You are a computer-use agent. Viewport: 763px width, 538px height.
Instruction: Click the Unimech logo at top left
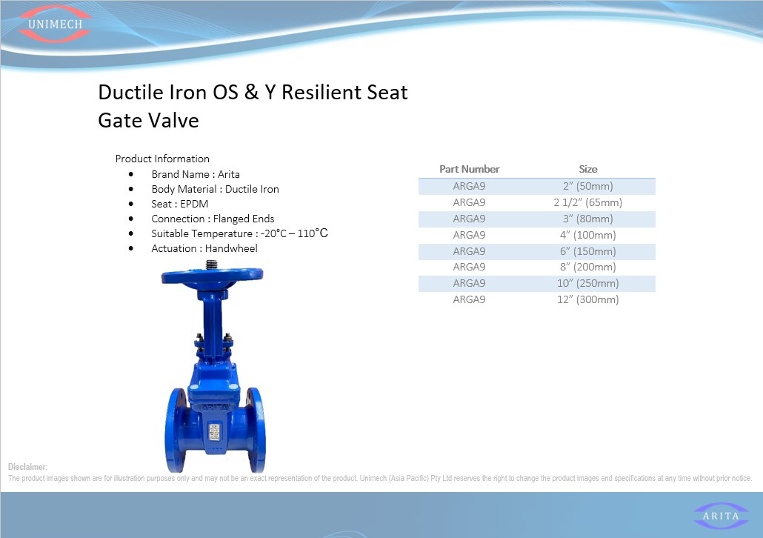point(55,24)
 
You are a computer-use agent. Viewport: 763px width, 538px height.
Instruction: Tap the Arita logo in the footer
point(721,516)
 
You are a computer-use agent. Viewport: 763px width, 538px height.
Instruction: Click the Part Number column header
point(469,169)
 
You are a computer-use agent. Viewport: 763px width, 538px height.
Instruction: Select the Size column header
point(588,169)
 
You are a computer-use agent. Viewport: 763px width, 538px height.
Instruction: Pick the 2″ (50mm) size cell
point(588,186)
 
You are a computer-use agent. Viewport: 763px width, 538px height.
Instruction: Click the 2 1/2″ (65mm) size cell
point(588,202)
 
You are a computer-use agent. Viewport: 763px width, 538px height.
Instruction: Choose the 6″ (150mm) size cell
point(588,251)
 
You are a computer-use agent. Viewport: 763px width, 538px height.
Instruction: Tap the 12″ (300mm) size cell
point(588,299)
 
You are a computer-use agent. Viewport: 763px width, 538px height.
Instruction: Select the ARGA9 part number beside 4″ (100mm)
point(469,235)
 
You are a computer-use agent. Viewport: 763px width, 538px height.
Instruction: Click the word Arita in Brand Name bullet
point(229,174)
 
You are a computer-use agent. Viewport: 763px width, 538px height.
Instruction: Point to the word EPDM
point(194,204)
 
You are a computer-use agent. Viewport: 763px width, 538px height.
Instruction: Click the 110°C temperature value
point(313,233)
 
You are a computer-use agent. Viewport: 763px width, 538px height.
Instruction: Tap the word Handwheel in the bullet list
point(231,248)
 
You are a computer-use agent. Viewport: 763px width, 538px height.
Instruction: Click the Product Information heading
point(162,159)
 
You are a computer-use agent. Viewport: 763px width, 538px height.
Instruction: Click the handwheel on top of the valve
point(212,275)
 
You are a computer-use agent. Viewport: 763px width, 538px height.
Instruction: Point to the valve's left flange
point(176,430)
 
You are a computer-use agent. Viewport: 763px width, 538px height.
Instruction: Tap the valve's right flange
point(256,430)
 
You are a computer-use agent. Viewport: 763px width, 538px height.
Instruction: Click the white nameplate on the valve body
point(215,431)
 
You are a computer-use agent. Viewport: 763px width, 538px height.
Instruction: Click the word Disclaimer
point(27,467)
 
